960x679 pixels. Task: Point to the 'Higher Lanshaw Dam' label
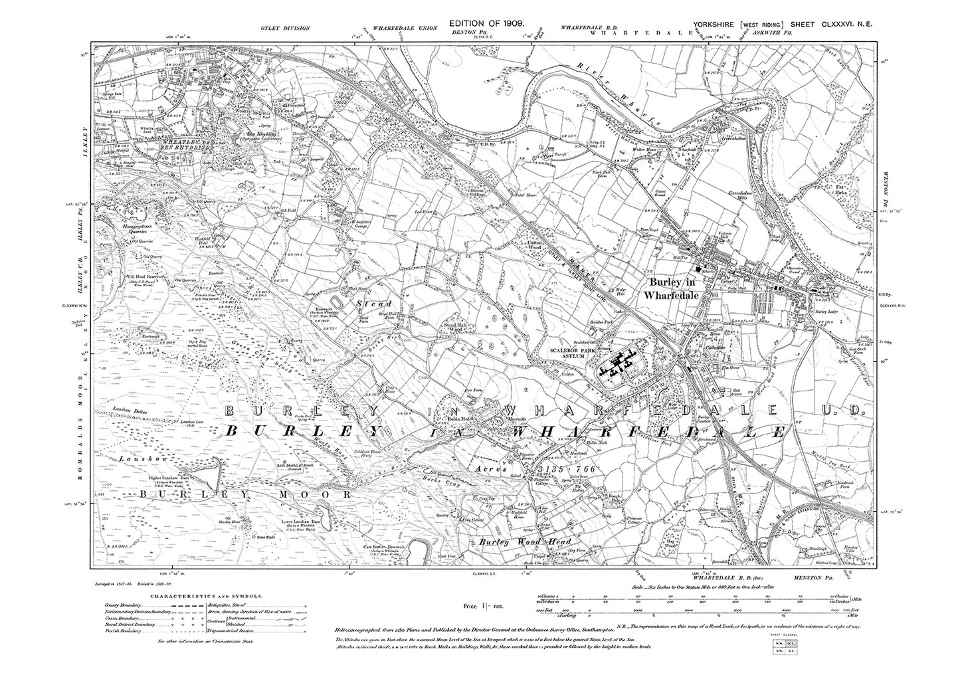pos(169,479)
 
